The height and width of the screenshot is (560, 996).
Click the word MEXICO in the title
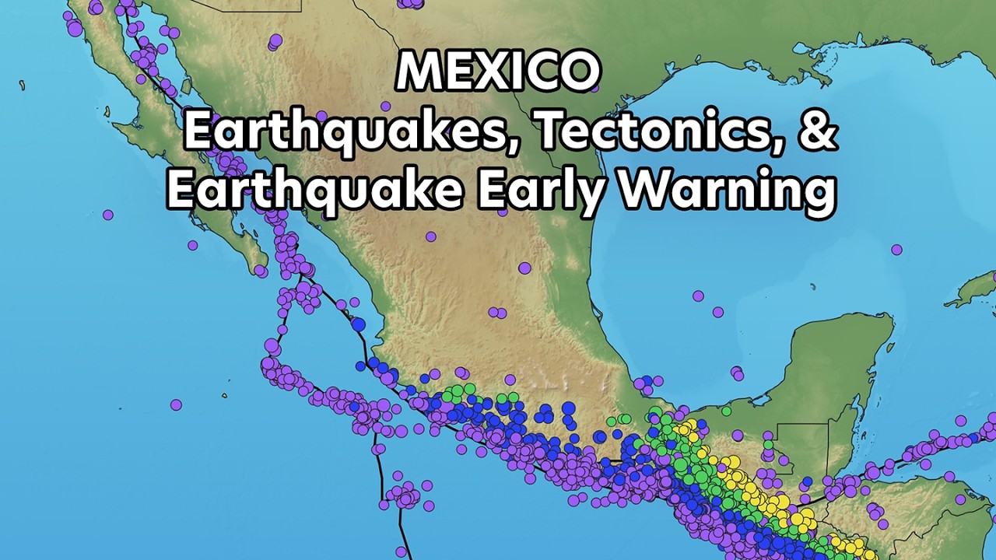498,72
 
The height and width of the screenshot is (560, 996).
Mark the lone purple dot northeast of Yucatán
896,250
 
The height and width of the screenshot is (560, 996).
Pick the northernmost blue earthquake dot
358,324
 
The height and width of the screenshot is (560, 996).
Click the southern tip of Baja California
260,271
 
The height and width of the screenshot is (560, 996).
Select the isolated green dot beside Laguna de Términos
726,411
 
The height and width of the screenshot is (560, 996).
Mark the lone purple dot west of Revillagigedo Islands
176,404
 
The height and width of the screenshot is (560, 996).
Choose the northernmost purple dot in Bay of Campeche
698,296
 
